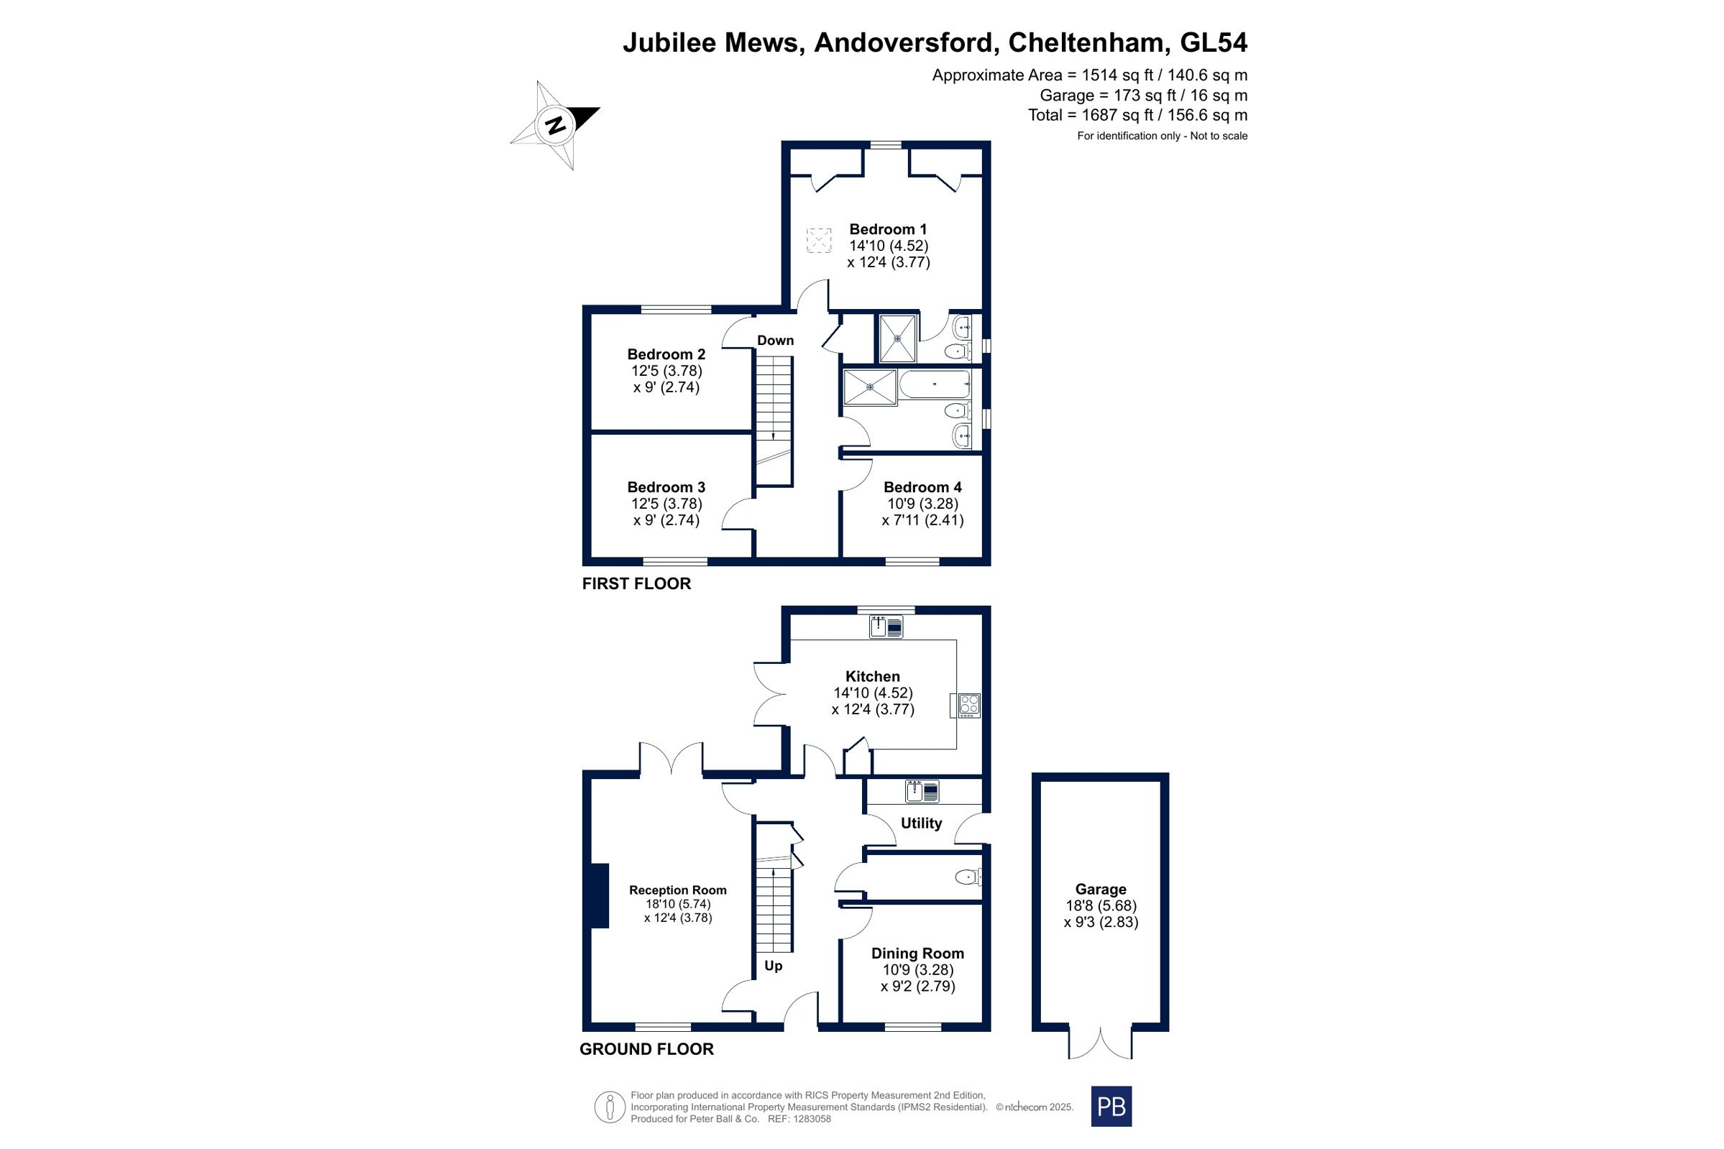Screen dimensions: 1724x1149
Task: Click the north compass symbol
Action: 555,125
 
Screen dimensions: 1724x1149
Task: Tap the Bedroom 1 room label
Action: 888,229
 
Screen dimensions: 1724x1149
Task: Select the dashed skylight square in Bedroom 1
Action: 819,240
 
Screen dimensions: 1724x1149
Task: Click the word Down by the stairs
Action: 776,340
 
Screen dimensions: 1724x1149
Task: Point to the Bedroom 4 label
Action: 922,487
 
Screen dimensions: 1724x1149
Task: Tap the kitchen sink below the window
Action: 886,627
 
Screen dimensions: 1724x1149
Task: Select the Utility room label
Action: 922,823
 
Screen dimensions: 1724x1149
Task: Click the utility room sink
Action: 922,791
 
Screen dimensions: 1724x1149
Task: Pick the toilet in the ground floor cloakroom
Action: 968,877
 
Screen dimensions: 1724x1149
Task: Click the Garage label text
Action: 1101,889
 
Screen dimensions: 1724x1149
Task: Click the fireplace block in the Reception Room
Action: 600,896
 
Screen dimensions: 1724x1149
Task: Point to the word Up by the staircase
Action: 774,966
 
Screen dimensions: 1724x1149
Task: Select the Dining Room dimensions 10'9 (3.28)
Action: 917,969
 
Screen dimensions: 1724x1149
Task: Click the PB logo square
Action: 1111,1107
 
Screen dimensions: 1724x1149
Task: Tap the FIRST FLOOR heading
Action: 636,583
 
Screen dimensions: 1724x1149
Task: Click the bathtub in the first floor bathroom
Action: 935,384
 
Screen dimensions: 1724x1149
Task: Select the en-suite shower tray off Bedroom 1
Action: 897,338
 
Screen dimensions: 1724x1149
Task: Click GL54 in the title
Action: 1213,42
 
